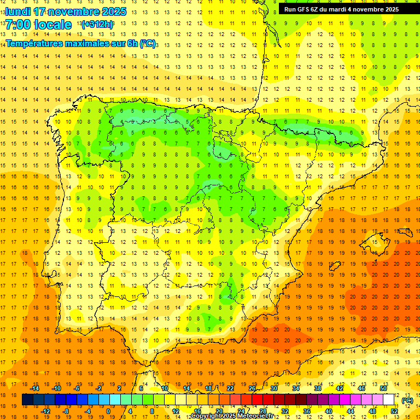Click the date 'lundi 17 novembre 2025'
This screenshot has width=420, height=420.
(66, 11)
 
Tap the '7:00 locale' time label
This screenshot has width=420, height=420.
(38, 25)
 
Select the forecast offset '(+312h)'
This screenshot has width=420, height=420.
(97, 25)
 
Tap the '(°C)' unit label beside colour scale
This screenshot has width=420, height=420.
(407, 400)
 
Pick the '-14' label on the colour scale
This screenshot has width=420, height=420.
(34, 388)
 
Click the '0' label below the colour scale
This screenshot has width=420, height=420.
(108, 411)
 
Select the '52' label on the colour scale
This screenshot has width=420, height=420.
(394, 411)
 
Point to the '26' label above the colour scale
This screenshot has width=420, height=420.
(252, 388)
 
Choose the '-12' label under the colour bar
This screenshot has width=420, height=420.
(45, 411)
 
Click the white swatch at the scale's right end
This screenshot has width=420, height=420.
(389, 400)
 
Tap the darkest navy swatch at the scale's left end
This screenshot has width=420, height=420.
(27, 400)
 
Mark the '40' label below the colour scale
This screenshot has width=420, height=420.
(328, 411)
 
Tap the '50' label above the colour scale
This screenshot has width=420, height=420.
(383, 388)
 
